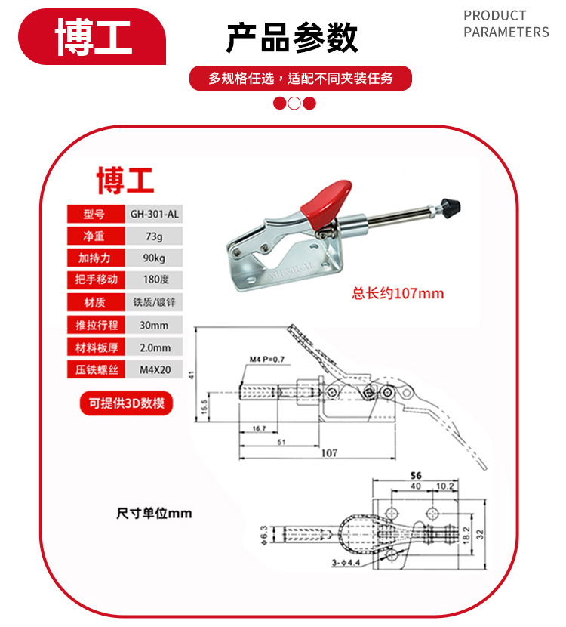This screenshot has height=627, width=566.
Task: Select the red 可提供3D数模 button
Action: point(126,403)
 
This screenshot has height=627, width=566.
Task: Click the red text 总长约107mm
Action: point(398,293)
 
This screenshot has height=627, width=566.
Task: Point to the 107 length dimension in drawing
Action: point(328,453)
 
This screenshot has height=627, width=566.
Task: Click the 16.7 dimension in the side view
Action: point(258,428)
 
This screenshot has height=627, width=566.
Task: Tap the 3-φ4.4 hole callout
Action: point(346,563)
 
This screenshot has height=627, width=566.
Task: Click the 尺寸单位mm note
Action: point(154,514)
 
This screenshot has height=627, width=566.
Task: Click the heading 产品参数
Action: point(292,38)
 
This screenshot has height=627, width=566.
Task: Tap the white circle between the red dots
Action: point(294,103)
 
